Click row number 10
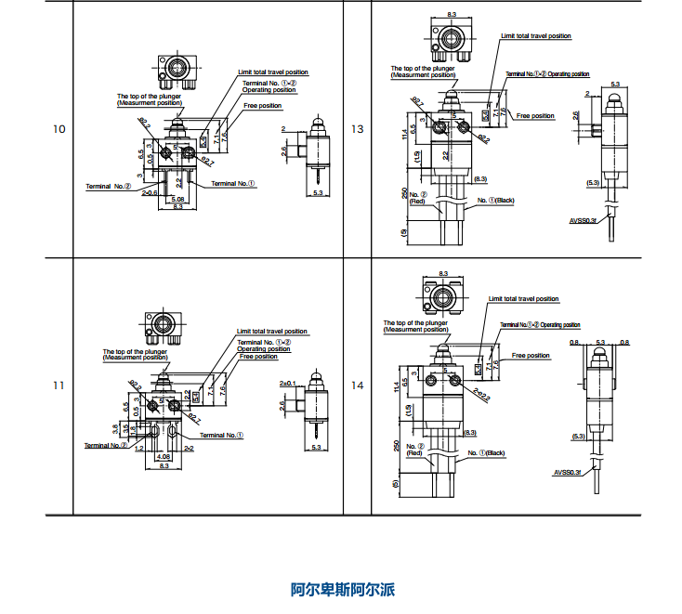[59, 128]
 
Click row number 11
[59, 385]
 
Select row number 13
[358, 128]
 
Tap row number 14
[358, 385]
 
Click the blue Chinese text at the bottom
[343, 590]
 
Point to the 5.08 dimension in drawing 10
[179, 199]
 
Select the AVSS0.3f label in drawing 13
[585, 220]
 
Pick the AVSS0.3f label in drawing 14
[568, 472]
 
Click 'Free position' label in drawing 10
[263, 106]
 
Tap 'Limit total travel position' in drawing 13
[536, 36]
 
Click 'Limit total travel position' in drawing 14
[524, 299]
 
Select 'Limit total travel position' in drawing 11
[271, 331]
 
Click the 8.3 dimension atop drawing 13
[452, 15]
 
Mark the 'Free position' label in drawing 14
[531, 355]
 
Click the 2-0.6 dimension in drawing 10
[150, 193]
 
